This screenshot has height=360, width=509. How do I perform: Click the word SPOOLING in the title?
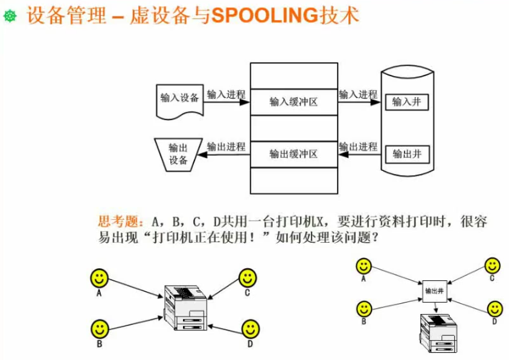pos(260,15)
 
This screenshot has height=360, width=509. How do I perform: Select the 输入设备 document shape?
pos(179,100)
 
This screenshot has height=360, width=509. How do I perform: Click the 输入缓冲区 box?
pos(293,102)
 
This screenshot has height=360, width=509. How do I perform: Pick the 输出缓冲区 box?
pos(293,154)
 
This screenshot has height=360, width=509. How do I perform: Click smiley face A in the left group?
pos(99,278)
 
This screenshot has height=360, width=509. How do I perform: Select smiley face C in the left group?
pos(247,278)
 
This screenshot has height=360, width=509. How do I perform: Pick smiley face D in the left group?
pos(250,329)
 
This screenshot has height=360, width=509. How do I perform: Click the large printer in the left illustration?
pos(186,308)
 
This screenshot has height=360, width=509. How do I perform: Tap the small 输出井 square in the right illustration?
pos(435,291)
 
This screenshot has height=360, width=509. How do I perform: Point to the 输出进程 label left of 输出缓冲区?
pos(226,146)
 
